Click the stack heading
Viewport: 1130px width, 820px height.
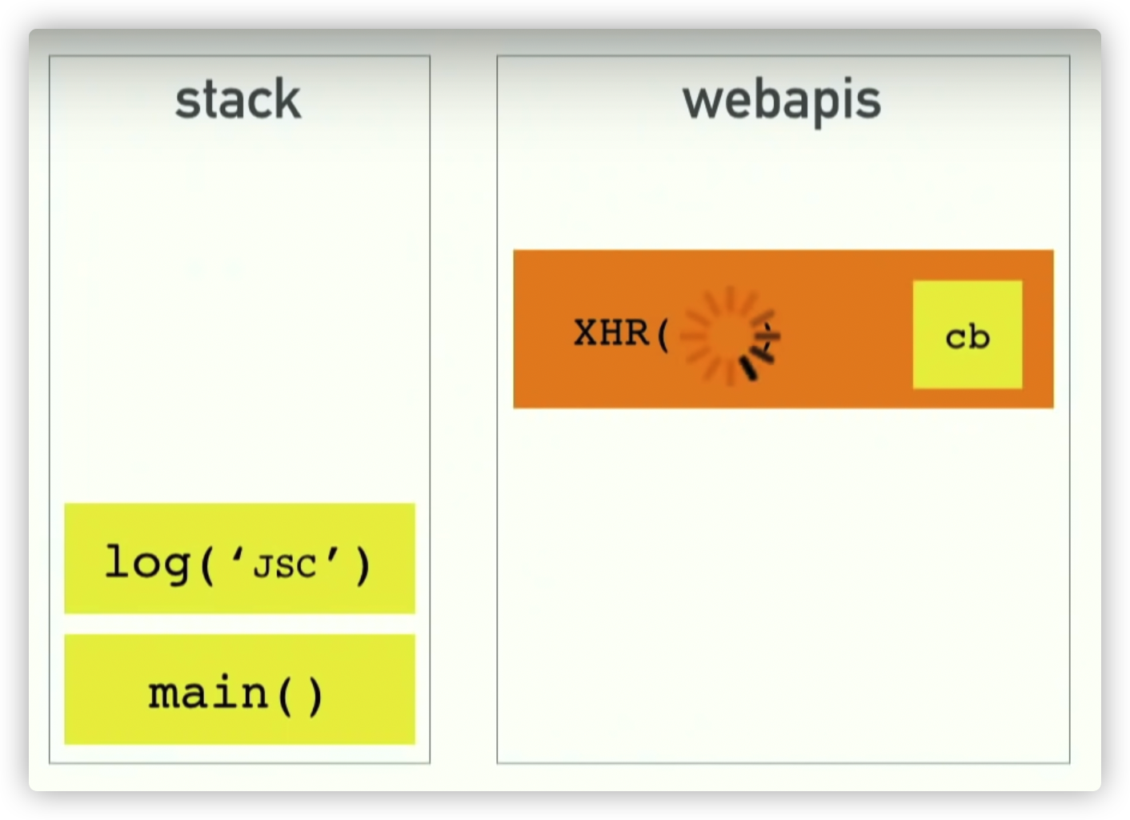[x=238, y=100]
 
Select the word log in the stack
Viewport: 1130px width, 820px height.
[x=148, y=563]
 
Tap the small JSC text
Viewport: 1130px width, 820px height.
[x=284, y=566]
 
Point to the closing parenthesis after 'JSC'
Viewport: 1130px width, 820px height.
[x=363, y=565]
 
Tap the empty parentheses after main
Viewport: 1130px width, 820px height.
[x=300, y=694]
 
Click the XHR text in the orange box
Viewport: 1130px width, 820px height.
[x=611, y=333]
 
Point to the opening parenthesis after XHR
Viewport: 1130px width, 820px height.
[x=663, y=335]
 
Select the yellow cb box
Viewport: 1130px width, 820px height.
[x=967, y=335]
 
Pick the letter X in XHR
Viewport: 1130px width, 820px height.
[x=586, y=333]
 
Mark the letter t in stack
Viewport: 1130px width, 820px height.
[x=208, y=100]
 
